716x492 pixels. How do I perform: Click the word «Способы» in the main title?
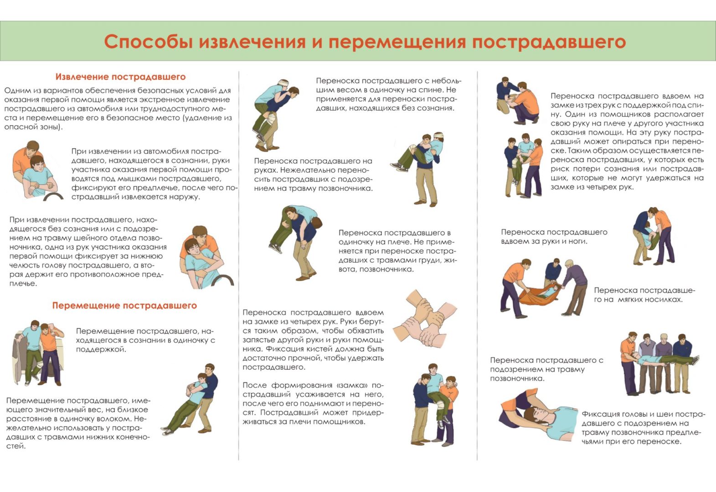pyautogui.click(x=148, y=42)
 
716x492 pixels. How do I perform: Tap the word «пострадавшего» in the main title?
pyautogui.click(x=549, y=42)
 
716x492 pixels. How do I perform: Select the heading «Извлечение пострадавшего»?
pyautogui.click(x=120, y=77)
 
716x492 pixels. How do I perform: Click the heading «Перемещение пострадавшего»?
pyautogui.click(x=124, y=305)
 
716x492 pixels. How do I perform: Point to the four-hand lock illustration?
pyautogui.click(x=425, y=319)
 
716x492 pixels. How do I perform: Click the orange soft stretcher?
pyautogui.click(x=540, y=296)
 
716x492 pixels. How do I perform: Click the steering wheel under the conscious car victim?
pyautogui.click(x=53, y=195)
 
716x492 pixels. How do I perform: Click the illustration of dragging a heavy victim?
pyautogui.click(x=190, y=400)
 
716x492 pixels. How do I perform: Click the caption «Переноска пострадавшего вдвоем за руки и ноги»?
pyautogui.click(x=554, y=236)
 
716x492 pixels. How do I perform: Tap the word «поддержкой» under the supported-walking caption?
pyautogui.click(x=101, y=349)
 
